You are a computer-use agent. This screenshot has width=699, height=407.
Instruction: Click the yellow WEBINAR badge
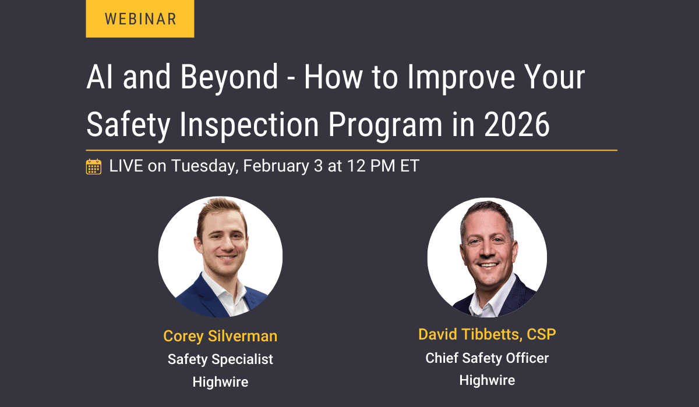(140, 19)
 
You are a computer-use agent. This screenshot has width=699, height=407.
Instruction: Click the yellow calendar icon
(94, 166)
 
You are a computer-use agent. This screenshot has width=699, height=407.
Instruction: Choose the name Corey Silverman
(220, 336)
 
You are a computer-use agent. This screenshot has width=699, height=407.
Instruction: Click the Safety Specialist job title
(220, 359)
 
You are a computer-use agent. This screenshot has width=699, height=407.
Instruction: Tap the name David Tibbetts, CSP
(487, 334)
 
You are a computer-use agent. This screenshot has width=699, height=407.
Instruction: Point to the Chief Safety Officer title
(487, 358)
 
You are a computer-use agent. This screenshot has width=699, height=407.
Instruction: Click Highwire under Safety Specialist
(220, 382)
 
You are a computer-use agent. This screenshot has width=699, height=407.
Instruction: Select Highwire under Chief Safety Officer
(487, 380)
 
